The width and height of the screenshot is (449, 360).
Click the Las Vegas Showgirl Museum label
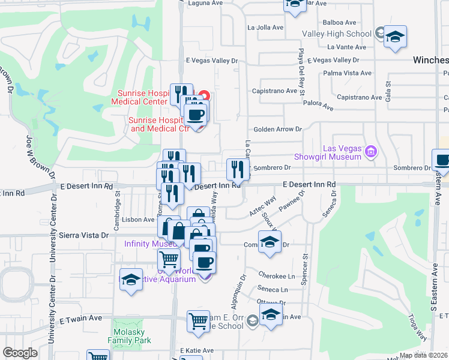pyautogui.click(x=343, y=152)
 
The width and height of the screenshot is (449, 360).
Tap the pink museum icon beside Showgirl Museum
pyautogui.click(x=371, y=152)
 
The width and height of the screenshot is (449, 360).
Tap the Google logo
pyautogui.click(x=20, y=353)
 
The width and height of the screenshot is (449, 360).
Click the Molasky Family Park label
pyautogui.click(x=129, y=335)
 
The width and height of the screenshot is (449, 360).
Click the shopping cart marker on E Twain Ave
pyautogui.click(x=198, y=320)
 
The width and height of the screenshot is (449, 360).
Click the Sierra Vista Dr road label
pyautogui.click(x=88, y=236)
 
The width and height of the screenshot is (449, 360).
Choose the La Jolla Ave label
pyautogui.click(x=265, y=28)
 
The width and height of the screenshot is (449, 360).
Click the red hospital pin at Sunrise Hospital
pyautogui.click(x=205, y=95)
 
